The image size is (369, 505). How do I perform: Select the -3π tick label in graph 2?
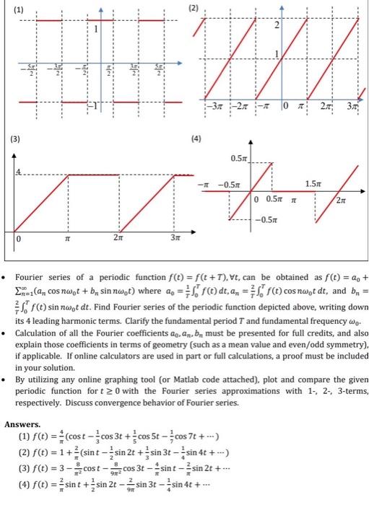pyautogui.click(x=216, y=110)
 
